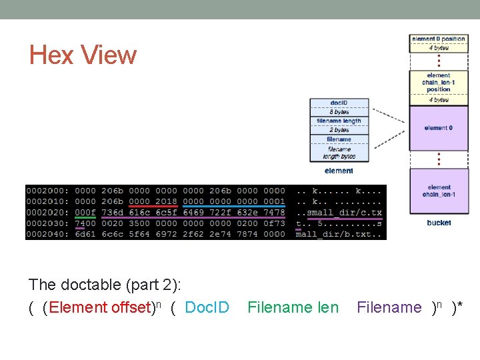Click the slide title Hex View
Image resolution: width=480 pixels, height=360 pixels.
point(83,55)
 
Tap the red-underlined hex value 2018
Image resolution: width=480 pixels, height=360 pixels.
point(166,201)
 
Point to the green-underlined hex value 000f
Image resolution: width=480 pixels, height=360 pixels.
point(85,213)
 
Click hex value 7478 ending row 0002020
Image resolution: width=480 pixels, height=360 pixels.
point(275,213)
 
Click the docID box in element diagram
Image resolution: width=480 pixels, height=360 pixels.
point(339,103)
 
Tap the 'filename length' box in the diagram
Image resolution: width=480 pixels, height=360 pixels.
point(339,121)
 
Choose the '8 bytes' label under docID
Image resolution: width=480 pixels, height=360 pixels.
point(339,112)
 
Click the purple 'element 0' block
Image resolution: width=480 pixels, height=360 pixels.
point(439,128)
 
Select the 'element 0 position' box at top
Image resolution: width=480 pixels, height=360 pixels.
point(439,39)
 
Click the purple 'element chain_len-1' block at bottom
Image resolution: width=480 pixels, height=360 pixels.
point(439,191)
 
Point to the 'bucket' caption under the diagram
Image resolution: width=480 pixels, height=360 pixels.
point(439,223)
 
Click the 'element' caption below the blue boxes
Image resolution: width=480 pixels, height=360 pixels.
point(339,171)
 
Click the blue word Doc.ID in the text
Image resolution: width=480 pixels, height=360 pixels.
point(207,307)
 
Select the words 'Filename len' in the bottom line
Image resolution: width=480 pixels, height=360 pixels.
point(293,307)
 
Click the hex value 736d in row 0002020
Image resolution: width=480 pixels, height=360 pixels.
point(112,213)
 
